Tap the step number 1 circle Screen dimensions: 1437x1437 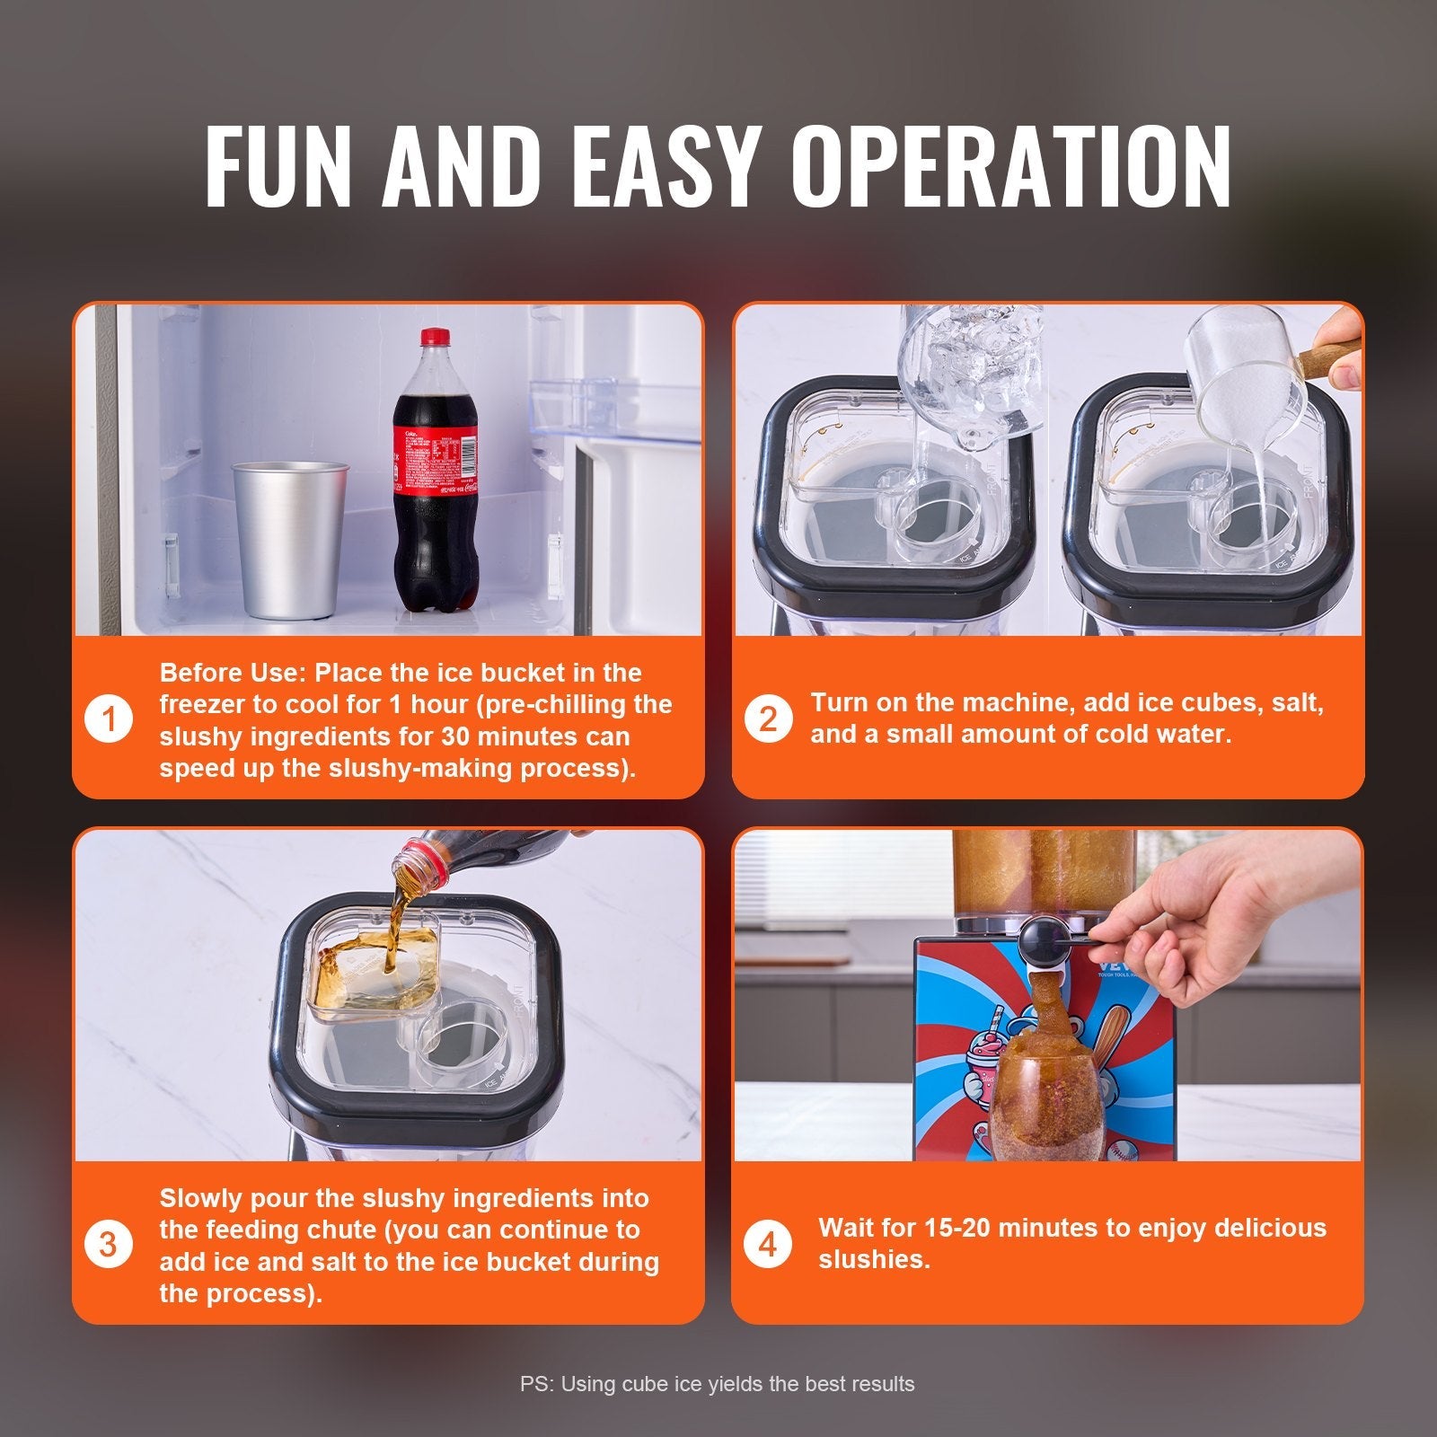pyautogui.click(x=109, y=720)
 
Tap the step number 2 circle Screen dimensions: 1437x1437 pyautogui.click(x=768, y=720)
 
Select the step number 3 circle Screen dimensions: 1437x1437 pyautogui.click(x=109, y=1246)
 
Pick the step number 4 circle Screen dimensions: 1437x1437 pyautogui.click(x=768, y=1246)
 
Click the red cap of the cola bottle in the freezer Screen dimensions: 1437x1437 pyautogui.click(x=435, y=339)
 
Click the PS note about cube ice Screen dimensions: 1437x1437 pyautogui.click(x=717, y=1384)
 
